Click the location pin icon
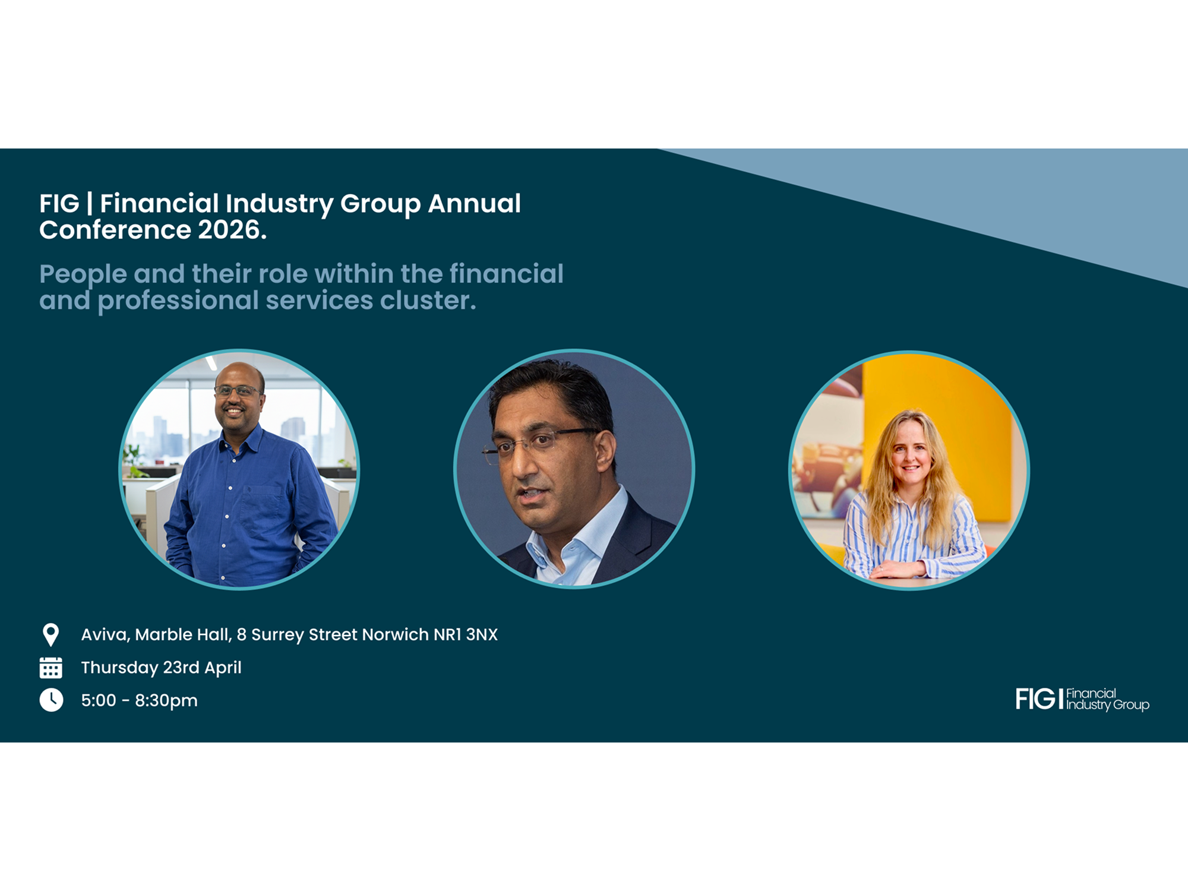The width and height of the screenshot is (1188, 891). tap(51, 634)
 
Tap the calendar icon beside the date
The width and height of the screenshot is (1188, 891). tap(50, 668)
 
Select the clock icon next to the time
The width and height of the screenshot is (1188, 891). tap(51, 700)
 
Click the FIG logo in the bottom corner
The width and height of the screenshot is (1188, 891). tap(1082, 699)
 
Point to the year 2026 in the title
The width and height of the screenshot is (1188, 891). tap(232, 230)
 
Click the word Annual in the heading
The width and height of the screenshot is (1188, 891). tap(474, 203)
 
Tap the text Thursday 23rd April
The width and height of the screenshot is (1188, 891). tap(162, 668)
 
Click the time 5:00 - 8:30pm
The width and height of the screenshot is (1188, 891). tap(140, 700)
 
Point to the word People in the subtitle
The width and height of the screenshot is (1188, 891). tap(83, 274)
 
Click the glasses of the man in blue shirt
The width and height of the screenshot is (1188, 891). tap(238, 391)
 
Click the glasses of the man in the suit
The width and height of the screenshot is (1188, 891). tap(538, 443)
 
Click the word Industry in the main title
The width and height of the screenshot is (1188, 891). tap(279, 204)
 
